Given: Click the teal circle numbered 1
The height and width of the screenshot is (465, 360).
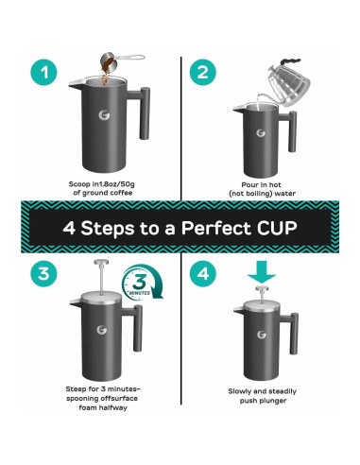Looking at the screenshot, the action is coord(44,72).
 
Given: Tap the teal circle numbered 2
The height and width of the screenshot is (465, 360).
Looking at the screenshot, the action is coord(203,72).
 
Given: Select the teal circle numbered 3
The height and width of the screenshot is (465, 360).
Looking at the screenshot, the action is coord(44,273).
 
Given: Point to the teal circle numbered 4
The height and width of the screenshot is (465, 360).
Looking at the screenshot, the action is coord(203,273).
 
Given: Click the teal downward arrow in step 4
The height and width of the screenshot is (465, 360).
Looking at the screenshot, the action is coord(262,271).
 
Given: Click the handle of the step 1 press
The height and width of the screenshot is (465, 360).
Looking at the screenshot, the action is coord(141,112).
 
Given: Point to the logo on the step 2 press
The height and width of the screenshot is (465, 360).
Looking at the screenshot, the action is coord(261,133).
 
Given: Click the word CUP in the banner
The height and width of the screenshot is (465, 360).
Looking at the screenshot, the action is coord(277,228).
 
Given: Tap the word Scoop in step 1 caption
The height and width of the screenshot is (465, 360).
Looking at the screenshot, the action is coord(80,184).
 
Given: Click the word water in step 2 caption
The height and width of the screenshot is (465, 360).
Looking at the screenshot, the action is coord(285,194).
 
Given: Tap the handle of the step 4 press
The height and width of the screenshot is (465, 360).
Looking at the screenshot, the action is coord(291,332).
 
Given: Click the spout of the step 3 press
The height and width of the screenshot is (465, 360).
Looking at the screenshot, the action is coord(76,302).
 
